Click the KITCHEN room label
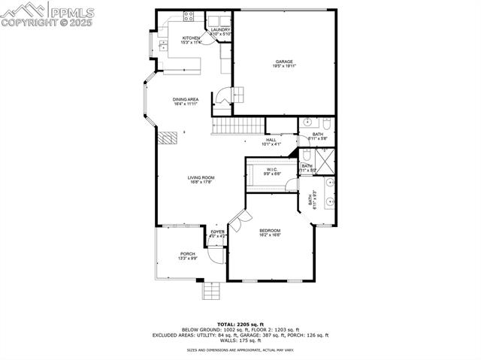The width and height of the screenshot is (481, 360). tap(190, 38)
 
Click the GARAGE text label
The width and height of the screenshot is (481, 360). tap(283, 62)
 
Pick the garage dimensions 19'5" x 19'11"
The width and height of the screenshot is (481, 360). tap(283, 67)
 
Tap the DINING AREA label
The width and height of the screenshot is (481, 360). tap(186, 99)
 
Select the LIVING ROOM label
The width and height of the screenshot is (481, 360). tap(201, 177)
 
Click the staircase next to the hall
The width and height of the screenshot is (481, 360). tap(238, 126)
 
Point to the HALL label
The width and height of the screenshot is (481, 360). tap(271, 139)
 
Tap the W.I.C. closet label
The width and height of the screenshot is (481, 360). tap(271, 169)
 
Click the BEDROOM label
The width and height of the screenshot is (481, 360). tap(270, 230)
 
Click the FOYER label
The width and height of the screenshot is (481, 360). tap(217, 231)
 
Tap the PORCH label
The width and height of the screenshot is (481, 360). tap(187, 254)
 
